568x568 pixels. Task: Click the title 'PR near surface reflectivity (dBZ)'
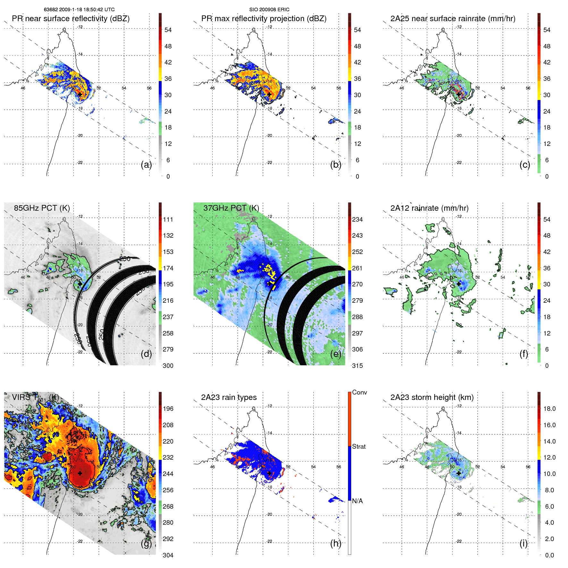71,19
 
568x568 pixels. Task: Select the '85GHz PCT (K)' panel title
42,208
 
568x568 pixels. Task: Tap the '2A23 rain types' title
229,397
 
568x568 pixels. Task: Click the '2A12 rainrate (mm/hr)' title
429,208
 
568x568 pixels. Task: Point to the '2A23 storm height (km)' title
432,397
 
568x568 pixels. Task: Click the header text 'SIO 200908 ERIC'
269,10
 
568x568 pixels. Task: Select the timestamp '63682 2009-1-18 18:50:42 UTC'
79,10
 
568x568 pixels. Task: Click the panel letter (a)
146,165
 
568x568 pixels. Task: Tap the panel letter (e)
335,354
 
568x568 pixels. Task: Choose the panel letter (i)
523,543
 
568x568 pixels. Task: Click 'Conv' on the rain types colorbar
359,392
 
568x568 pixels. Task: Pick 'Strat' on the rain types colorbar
359,446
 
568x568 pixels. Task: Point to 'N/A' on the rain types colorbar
357,501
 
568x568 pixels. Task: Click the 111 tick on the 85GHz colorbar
168,219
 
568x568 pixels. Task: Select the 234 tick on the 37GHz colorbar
357,219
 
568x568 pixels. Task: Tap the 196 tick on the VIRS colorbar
168,409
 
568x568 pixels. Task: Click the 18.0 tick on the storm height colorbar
549,409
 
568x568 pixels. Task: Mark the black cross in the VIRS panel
80,473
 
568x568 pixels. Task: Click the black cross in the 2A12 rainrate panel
459,284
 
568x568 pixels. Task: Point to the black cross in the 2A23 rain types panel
269,473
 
